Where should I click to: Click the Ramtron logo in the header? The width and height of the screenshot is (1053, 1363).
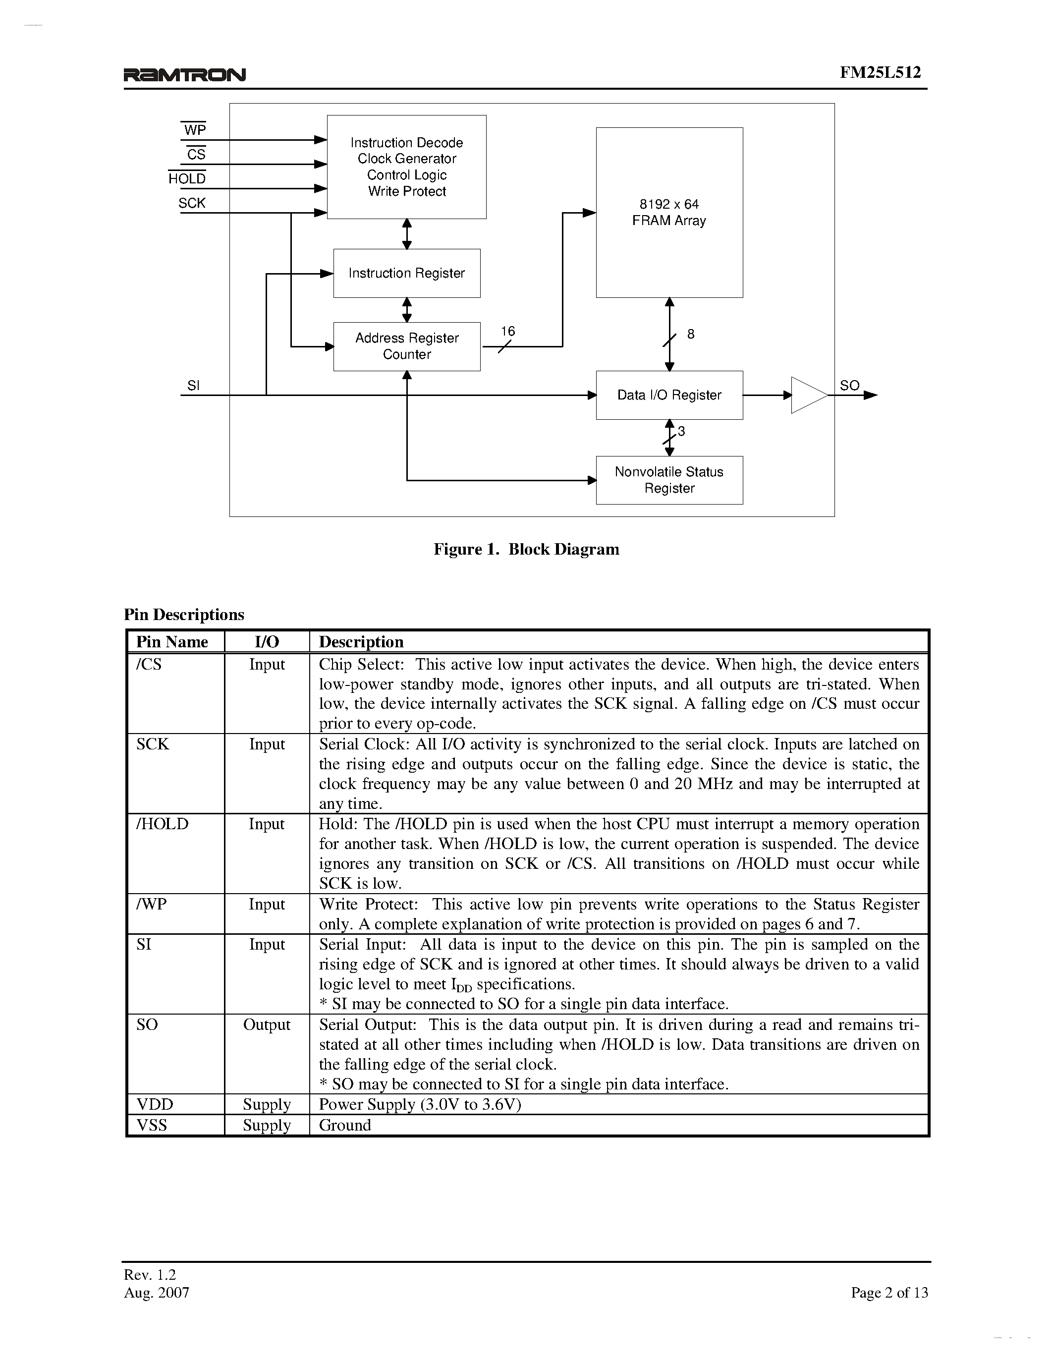(185, 75)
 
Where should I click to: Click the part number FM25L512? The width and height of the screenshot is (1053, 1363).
(880, 72)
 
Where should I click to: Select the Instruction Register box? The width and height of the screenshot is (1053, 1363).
(407, 274)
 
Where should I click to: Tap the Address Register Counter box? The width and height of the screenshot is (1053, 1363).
(407, 346)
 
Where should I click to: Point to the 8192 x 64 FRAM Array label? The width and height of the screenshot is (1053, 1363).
(669, 212)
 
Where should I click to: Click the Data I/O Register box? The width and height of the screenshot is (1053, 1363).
(669, 395)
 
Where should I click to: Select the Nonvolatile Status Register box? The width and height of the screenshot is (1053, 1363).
(669, 480)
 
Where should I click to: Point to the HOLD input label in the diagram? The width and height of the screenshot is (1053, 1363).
(186, 178)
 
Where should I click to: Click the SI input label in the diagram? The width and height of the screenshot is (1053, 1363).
(193, 386)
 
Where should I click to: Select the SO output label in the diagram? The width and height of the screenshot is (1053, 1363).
(849, 386)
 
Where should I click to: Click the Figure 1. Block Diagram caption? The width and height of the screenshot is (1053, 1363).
(526, 549)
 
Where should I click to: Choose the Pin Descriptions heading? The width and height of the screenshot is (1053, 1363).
(184, 615)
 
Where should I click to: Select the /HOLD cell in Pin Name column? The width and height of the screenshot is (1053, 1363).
(162, 824)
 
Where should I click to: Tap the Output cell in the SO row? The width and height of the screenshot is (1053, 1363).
(267, 1025)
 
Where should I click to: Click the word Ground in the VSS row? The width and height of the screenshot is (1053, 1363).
(345, 1125)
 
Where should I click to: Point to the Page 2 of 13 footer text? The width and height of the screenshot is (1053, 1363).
(889, 1293)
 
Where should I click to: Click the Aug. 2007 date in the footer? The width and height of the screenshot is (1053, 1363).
(157, 1293)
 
